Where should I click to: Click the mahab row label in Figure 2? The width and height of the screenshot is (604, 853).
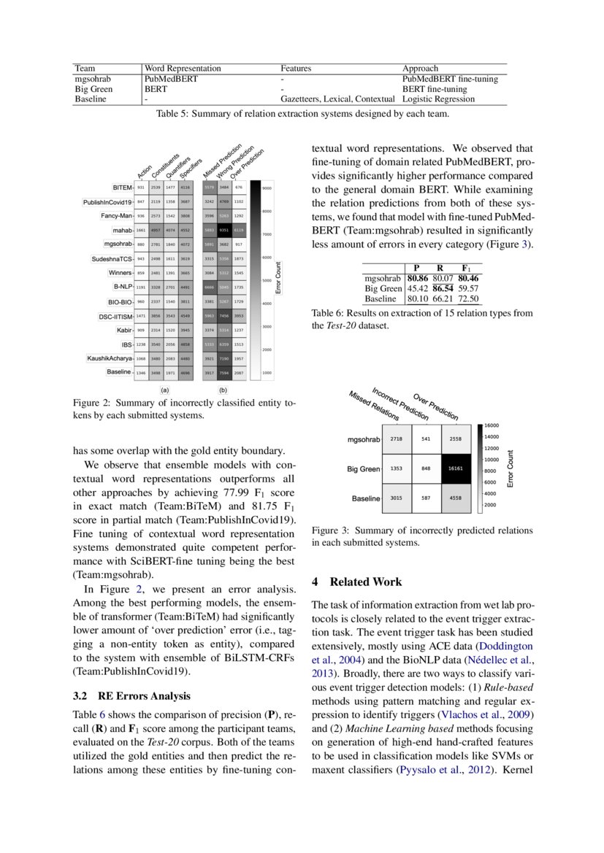tap(119, 230)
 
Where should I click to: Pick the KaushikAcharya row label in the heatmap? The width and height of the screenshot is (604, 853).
tap(110, 358)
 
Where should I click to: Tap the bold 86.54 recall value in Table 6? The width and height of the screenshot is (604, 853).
tap(443, 288)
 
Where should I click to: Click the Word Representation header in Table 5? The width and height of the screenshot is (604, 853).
tap(183, 69)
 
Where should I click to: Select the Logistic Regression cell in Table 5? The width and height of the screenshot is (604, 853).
tap(438, 99)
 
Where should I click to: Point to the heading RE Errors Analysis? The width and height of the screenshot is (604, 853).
tap(144, 695)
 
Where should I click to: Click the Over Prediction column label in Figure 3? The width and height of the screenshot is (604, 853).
tap(436, 408)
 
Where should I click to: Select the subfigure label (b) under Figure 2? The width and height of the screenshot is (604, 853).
tap(223, 390)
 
